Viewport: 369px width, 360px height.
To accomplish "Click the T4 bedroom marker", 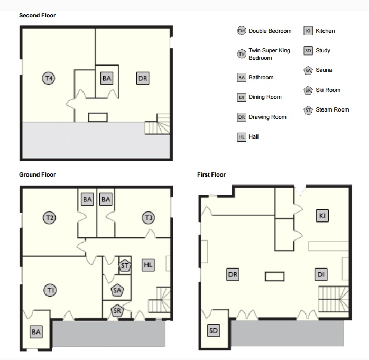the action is coord(49,78).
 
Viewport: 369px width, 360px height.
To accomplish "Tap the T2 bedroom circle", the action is coord(49,218).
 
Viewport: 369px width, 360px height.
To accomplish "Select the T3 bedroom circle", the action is coord(149,218).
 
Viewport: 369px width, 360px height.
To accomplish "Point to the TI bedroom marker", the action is coord(50,290).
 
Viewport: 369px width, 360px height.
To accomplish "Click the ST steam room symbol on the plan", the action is coord(124,266).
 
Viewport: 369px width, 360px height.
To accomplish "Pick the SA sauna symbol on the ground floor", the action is coord(117,290).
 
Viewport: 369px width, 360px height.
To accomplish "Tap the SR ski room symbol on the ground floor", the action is coord(117,311).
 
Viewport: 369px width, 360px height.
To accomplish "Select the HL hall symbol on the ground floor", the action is coord(148,265).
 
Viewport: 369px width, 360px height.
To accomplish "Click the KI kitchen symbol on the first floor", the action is coord(322,216).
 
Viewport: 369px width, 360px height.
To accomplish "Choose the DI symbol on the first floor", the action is coord(321,274).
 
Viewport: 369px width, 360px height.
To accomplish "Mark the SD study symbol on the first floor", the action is coord(214,330).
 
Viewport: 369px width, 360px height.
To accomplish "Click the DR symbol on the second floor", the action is coord(143,78).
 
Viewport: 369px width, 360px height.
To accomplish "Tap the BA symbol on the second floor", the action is coord(107,78).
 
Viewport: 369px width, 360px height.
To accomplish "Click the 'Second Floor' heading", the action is coord(38,15).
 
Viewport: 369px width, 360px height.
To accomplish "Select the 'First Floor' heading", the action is coord(211,174).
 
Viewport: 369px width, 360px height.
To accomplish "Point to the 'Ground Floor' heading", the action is coord(38,174).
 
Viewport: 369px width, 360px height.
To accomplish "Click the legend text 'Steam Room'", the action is coord(333,109).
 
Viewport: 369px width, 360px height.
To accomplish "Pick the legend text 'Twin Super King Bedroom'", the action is coord(270,54).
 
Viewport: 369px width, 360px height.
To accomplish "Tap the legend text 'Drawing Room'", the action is coord(267,117).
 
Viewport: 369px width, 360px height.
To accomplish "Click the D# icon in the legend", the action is coord(242,31).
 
